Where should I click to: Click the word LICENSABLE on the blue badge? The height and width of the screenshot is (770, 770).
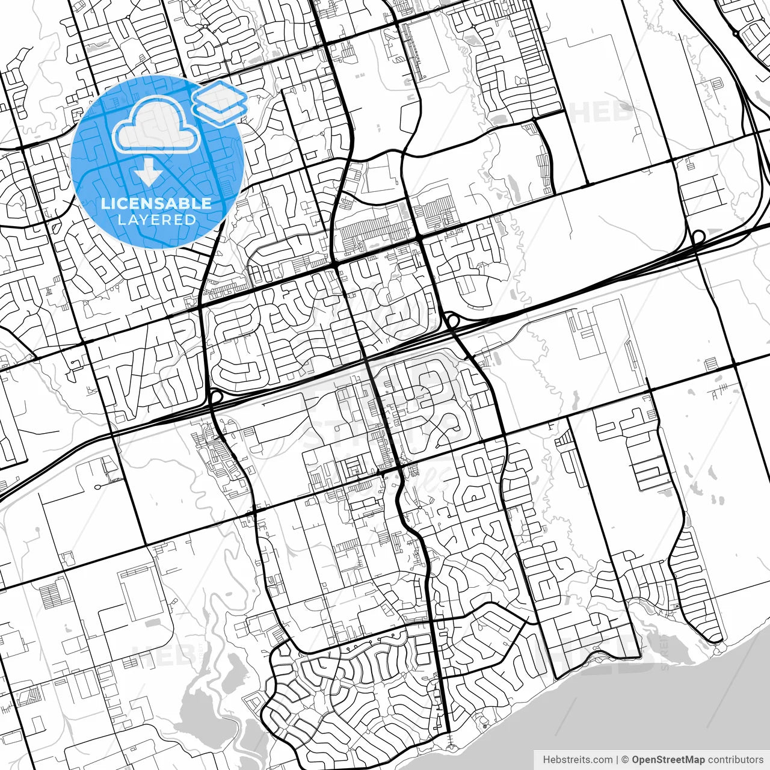pos(156,203)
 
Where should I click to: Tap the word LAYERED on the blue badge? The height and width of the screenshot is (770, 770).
pos(156,220)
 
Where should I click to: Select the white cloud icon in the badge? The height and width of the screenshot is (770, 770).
pos(156,125)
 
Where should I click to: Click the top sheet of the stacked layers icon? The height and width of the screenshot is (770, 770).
pos(220,93)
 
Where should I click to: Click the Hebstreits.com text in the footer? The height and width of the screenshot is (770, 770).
pos(577,760)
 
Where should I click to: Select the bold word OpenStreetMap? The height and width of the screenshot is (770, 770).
pos(668,760)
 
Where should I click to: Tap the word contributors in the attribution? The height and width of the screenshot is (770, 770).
pos(735,760)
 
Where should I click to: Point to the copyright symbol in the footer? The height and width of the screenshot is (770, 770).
pos(625,760)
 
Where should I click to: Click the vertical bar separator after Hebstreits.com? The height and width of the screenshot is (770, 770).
pos(617,760)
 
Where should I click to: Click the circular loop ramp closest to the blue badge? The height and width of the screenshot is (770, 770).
pos(215,397)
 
